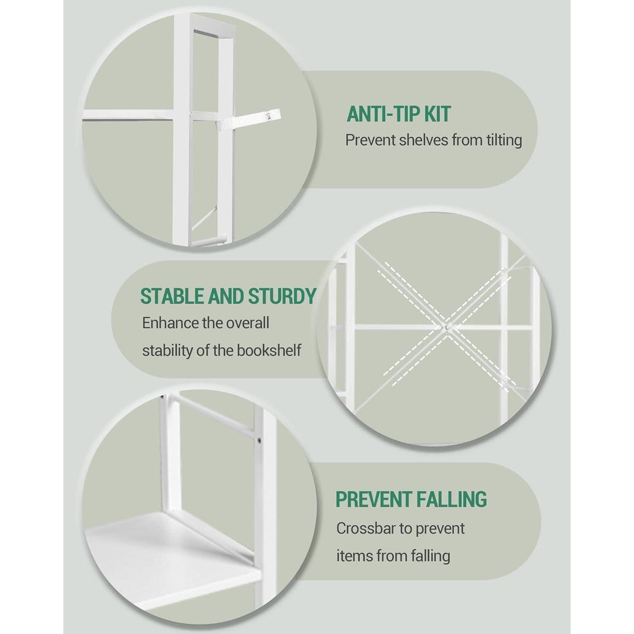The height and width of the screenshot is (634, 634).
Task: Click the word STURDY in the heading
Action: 282,296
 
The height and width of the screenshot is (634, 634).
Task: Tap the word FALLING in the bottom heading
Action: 451,508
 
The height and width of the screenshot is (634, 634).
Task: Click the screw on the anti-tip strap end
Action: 269,116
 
